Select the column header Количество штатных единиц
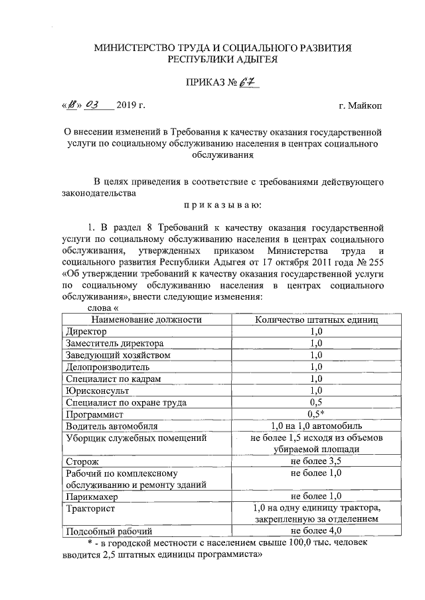(317, 319)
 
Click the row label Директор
(86, 330)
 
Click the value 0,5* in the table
(316, 414)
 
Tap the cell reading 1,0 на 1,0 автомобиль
(316, 426)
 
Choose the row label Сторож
(82, 461)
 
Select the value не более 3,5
(316, 461)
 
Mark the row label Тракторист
(91, 508)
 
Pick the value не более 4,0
(316, 531)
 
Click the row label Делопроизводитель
(108, 366)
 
